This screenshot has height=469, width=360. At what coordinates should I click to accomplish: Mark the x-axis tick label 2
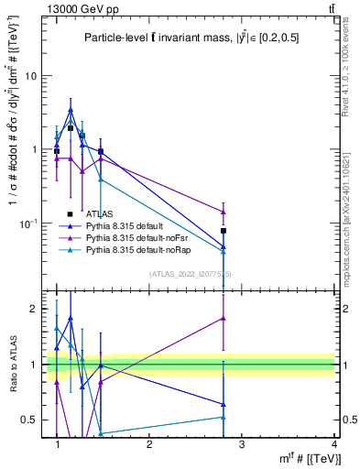coord(149,443)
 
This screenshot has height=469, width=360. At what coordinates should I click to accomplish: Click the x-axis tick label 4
coord(334,443)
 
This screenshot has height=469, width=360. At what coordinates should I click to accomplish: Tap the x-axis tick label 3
coord(242,443)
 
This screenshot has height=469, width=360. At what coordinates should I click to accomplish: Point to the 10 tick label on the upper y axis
coord(31,76)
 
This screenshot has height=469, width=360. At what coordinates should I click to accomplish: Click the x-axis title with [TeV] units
coord(303,458)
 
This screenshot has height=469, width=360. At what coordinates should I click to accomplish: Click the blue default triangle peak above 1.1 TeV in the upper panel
coord(71,110)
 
